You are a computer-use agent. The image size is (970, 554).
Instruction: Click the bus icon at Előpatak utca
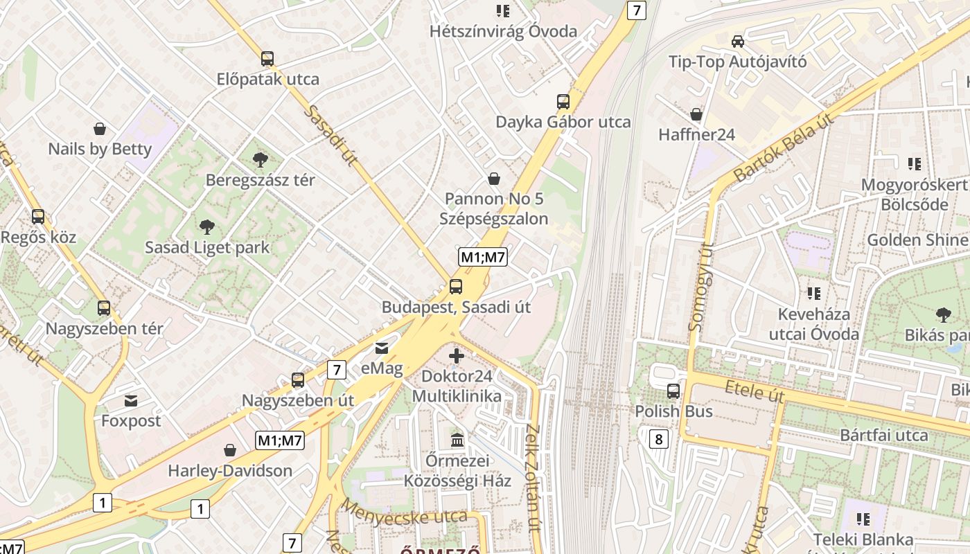click(x=267, y=59)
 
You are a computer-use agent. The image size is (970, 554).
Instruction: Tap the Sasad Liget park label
click(x=207, y=247)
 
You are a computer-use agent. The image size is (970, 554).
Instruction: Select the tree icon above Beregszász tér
click(x=261, y=160)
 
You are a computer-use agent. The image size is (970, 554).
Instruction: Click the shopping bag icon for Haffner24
click(x=696, y=114)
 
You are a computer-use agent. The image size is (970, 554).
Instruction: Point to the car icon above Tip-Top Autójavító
click(x=738, y=42)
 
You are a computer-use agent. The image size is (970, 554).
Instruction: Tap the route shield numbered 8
click(x=659, y=438)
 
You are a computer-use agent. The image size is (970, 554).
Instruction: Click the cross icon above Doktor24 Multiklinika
click(x=456, y=357)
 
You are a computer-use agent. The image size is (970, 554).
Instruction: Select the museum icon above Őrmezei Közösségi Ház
click(x=457, y=440)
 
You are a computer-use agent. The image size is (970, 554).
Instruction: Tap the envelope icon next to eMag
click(x=382, y=348)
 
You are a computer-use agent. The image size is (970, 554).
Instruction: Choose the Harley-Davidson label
click(x=230, y=471)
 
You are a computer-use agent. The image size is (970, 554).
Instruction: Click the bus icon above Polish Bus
click(x=673, y=391)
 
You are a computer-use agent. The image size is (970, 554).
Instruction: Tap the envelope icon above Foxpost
click(x=131, y=400)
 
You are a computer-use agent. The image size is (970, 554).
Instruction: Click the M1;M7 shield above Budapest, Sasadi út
click(x=483, y=258)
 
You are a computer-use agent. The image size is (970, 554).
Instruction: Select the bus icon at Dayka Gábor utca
click(x=563, y=102)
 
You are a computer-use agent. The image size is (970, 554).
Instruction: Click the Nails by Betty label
click(x=100, y=149)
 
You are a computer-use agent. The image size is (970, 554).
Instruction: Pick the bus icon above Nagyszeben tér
click(x=104, y=308)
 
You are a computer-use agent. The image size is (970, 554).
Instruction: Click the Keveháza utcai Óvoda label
click(x=813, y=324)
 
